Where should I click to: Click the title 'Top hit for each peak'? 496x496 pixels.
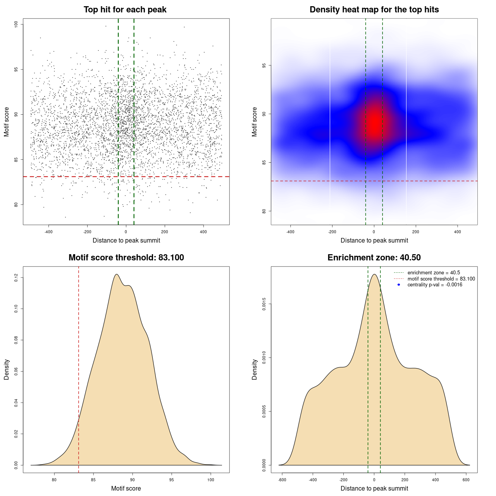click(x=125, y=10)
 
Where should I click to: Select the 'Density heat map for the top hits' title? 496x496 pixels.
click(x=374, y=10)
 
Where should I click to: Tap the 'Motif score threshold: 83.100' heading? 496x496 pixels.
click(x=126, y=258)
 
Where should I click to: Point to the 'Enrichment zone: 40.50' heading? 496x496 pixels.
click(x=374, y=258)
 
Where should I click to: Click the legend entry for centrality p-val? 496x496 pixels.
click(x=435, y=285)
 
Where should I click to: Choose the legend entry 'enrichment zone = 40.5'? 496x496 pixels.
click(x=434, y=273)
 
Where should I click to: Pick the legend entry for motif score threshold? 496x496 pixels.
click(x=441, y=279)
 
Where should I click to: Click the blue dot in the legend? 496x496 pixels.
click(x=399, y=285)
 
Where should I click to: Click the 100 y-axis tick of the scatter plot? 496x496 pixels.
click(x=16, y=24)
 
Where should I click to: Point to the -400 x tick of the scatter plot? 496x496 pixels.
click(x=48, y=232)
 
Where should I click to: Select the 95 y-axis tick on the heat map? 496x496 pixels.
click(x=264, y=65)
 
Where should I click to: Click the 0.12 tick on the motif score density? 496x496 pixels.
click(x=16, y=277)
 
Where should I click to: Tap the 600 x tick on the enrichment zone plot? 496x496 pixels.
click(x=466, y=480)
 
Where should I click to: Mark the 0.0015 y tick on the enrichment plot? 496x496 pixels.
click(x=264, y=304)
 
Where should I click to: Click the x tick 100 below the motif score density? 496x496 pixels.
click(x=211, y=480)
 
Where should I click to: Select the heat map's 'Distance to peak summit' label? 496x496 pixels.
click(x=374, y=241)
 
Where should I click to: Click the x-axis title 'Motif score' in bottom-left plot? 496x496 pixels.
click(x=126, y=489)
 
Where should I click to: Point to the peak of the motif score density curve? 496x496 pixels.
click(x=117, y=274)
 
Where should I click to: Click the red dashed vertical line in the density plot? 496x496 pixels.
click(x=79, y=368)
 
